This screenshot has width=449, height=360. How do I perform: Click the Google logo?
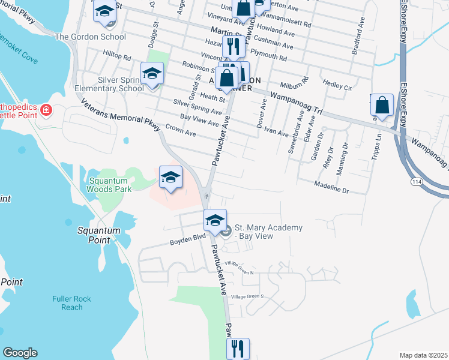(20, 353)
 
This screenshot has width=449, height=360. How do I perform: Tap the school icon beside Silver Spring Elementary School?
(152, 75)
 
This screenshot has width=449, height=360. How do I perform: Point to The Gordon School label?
(90, 37)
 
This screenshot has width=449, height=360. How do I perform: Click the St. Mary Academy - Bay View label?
(268, 232)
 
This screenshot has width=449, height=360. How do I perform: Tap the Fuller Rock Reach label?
(71, 302)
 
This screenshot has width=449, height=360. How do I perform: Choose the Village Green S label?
(247, 296)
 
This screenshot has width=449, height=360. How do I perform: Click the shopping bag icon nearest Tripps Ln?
(382, 106)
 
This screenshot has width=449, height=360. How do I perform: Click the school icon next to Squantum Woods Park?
(170, 177)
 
